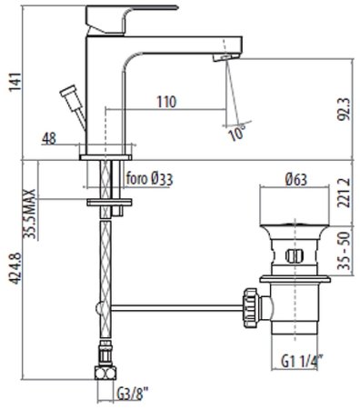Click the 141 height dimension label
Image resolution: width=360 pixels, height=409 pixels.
pos(15,82)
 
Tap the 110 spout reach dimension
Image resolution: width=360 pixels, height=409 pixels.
pos(166,102)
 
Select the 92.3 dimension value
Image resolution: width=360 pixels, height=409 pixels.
pos(344,109)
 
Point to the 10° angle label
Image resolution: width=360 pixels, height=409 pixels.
pos(236,133)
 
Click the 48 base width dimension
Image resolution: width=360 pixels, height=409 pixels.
pos(49,139)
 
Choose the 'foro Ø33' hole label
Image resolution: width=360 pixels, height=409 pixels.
pos(150,179)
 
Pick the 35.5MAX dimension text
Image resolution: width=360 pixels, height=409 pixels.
pos(30,214)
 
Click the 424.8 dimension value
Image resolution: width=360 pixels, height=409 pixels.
pos(15,268)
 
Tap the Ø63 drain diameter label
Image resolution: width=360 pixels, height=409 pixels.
pos(296,180)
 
